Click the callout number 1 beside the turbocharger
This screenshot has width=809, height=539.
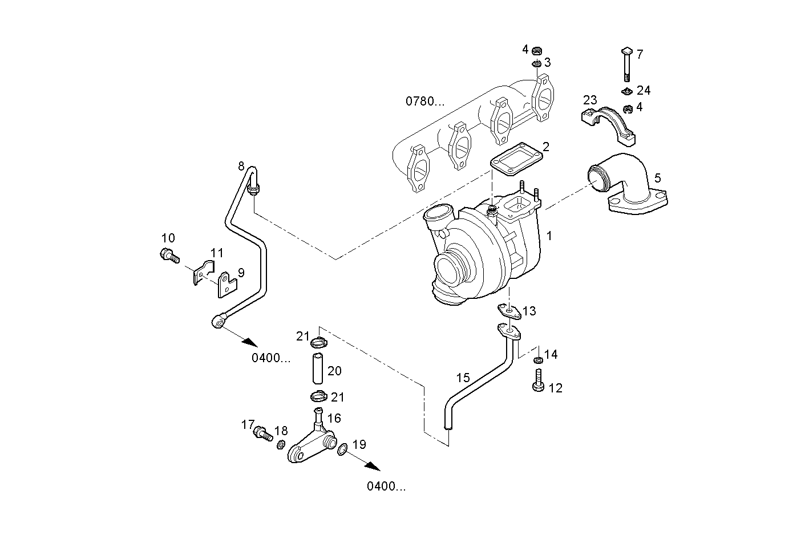point(549,236)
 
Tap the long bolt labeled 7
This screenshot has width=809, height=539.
point(625,66)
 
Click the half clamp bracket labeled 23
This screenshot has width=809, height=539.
point(608,124)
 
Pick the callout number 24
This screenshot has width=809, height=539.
point(644,90)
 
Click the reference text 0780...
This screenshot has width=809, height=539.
point(424,102)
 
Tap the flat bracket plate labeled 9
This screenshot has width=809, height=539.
point(227,285)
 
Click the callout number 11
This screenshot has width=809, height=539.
point(217,253)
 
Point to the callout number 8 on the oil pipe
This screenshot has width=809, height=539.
point(241,166)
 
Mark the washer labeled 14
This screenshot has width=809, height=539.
point(537,360)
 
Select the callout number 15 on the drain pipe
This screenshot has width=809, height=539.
point(463,378)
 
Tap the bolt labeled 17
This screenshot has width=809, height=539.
point(263,433)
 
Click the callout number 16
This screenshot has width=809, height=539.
point(334,418)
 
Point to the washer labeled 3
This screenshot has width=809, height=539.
point(537,63)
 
